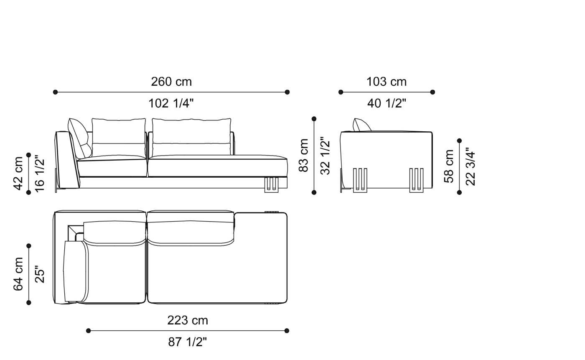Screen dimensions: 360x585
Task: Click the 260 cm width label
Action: coord(171,82)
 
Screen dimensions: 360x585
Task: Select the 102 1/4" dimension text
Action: coord(171,103)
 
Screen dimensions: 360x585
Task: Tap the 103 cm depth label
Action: coord(387,82)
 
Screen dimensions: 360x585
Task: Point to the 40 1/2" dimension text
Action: coord(387,103)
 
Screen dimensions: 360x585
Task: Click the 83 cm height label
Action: coord(304,155)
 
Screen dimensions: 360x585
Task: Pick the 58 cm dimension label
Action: coord(449,166)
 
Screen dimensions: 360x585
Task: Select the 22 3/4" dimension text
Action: coord(470,166)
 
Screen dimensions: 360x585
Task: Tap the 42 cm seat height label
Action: coord(18,173)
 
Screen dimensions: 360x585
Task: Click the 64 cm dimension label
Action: coord(18,274)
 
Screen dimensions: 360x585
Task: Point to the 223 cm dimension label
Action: coord(188,320)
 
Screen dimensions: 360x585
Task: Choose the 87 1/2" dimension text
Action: coord(188,342)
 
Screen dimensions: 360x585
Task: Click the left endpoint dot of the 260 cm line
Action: coord(55,92)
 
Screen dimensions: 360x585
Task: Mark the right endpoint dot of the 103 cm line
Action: coord(432,92)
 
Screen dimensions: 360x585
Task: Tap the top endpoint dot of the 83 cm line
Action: coord(314,119)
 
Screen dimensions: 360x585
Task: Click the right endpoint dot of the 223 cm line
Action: coord(287,331)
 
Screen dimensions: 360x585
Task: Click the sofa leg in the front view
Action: coord(271,185)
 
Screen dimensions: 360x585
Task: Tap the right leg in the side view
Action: coord(416,180)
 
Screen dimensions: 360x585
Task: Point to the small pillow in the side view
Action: coord(361,125)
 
